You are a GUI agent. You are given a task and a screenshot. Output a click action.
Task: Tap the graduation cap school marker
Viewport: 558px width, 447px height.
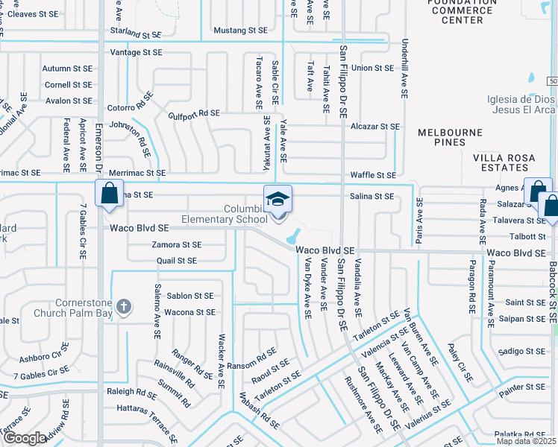[x=278, y=200]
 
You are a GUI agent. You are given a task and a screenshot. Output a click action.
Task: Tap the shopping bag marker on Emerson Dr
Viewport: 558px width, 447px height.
[x=109, y=193]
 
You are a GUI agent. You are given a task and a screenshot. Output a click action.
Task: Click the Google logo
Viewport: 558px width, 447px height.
[x=24, y=438]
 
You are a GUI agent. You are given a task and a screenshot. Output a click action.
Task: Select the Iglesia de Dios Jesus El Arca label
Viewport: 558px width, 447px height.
[x=521, y=104]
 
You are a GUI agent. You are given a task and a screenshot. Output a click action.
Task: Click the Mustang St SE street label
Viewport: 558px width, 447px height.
[x=240, y=31]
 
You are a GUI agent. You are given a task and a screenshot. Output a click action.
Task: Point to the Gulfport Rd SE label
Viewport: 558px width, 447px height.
[x=194, y=113]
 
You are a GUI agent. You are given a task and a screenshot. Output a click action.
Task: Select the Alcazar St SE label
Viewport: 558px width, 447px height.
[x=374, y=127]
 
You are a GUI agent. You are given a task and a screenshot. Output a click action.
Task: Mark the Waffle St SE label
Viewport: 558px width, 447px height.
[x=374, y=175]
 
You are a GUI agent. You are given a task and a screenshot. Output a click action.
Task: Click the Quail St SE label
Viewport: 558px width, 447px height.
[x=177, y=261]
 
